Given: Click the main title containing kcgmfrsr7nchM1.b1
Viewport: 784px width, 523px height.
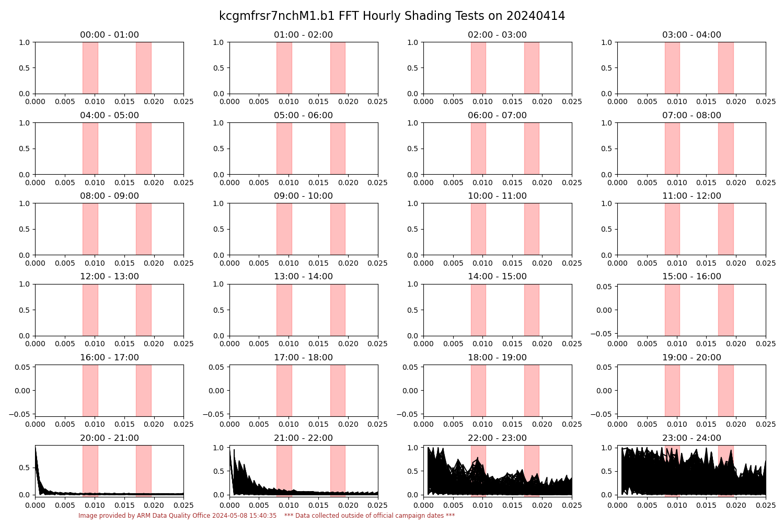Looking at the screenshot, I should point(392,16).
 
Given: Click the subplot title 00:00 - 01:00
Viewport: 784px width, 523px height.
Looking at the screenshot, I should point(109,35).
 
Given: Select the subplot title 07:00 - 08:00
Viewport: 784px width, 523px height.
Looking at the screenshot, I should point(691,116).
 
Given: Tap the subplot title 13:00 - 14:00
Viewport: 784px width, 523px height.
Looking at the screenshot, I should point(303,277).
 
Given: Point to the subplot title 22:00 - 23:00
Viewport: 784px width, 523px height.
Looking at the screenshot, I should point(497,438).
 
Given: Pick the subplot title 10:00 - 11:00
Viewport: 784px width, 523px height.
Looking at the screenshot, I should point(497,196).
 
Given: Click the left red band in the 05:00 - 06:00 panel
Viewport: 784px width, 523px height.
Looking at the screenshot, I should point(284,149).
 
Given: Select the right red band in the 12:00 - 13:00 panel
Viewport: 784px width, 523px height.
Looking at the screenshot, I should point(143,310).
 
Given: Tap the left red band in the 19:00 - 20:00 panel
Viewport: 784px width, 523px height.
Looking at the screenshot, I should point(672,390).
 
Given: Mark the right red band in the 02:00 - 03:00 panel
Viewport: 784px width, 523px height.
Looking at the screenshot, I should point(532,68).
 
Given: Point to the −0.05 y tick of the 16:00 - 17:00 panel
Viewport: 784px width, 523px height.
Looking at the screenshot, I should point(19,414).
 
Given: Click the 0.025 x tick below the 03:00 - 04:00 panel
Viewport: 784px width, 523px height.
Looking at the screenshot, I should point(766,102).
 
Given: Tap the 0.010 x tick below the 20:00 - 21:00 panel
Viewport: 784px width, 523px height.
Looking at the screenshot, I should point(95,505).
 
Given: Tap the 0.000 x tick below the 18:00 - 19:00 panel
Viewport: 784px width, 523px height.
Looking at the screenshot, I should point(423,425).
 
